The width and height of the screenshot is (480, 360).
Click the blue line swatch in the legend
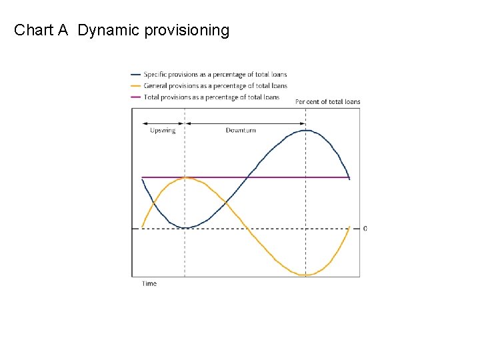pyautogui.click(x=136, y=75)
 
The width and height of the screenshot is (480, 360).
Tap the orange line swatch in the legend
pyautogui.click(x=136, y=85)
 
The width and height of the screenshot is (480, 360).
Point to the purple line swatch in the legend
pyautogui.click(x=136, y=97)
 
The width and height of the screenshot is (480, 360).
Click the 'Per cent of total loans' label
pyautogui.click(x=327, y=102)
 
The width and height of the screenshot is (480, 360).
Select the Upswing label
pyautogui.click(x=163, y=131)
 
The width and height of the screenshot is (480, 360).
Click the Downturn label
pyautogui.click(x=241, y=131)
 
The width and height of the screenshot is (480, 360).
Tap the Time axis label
pyautogui.click(x=149, y=284)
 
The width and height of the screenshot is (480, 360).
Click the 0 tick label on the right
pyautogui.click(x=365, y=229)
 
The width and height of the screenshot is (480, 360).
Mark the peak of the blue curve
pyautogui.click(x=305, y=130)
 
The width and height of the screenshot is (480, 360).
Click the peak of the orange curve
pyautogui.click(x=186, y=177)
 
